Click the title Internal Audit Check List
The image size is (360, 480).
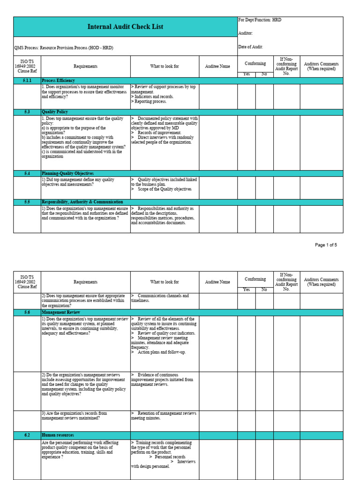pyautogui.click(x=125, y=27)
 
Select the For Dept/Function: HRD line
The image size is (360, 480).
pyautogui.click(x=260, y=20)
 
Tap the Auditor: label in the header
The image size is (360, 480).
pyautogui.click(x=246, y=33)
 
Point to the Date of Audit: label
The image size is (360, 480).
pyautogui.click(x=251, y=47)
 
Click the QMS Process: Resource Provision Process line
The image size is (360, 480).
pyautogui.click(x=63, y=47)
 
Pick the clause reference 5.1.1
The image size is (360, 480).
pyautogui.click(x=27, y=81)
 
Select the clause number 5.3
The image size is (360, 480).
pyautogui.click(x=27, y=112)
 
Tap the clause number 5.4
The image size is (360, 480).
pyautogui.click(x=27, y=173)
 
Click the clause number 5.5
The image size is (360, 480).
pyautogui.click(x=27, y=202)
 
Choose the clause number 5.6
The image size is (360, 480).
pyautogui.click(x=27, y=312)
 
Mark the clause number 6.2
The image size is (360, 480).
pyautogui.click(x=27, y=435)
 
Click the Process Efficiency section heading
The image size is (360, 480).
pyautogui.click(x=58, y=81)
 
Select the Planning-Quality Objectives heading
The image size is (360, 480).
pyautogui.click(x=67, y=173)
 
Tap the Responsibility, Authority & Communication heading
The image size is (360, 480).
pyautogui.click(x=82, y=202)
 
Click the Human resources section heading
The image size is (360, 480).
pyautogui.click(x=57, y=435)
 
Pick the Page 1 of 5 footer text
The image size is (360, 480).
pyautogui.click(x=326, y=245)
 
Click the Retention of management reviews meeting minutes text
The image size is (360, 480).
pyautogui.click(x=164, y=416)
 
